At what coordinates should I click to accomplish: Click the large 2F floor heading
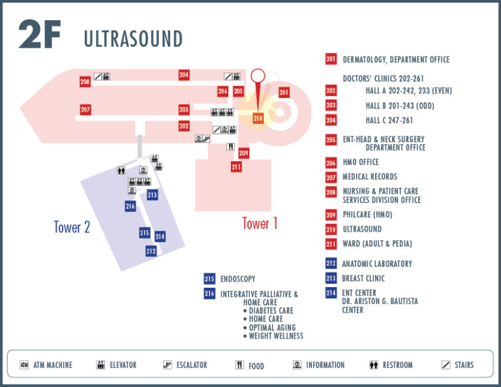click(x=40, y=34)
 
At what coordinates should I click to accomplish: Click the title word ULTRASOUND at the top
click(x=133, y=39)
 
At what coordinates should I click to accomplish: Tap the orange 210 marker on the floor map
click(x=258, y=118)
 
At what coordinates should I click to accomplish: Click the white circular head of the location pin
click(x=258, y=76)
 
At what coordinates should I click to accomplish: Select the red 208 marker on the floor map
click(x=85, y=82)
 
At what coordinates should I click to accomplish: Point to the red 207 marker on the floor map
click(x=85, y=110)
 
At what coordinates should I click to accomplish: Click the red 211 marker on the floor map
click(x=236, y=166)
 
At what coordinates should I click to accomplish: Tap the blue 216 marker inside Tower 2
click(x=130, y=206)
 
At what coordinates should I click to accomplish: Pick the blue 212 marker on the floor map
click(x=151, y=251)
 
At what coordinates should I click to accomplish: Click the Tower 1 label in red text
click(x=260, y=223)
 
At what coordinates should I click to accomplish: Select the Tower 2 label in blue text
click(x=72, y=227)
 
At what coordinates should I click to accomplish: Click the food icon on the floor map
click(x=230, y=147)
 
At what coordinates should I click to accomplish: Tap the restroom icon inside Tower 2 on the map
click(x=121, y=170)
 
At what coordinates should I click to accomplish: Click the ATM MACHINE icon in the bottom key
click(x=24, y=365)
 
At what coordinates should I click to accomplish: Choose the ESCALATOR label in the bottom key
click(x=192, y=365)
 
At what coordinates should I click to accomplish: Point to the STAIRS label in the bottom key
click(x=464, y=365)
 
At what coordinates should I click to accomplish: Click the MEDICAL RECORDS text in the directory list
click(x=370, y=176)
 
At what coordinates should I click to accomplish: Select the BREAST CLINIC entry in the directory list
click(x=363, y=279)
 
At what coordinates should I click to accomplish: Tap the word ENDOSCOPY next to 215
click(x=237, y=279)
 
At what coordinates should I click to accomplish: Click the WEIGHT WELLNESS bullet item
click(x=273, y=336)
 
